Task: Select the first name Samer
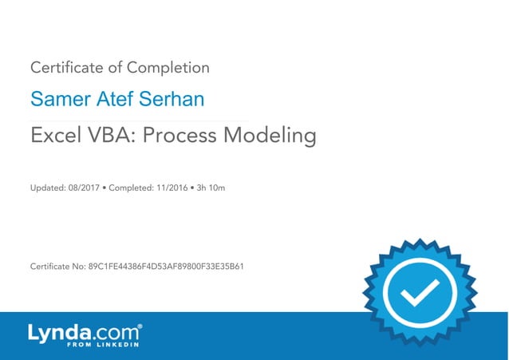click(56, 101)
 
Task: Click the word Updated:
click(46, 188)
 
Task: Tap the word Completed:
click(130, 188)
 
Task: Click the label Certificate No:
click(56, 266)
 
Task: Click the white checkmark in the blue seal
click(418, 296)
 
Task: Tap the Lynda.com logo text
click(85, 332)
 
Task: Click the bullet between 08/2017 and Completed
click(104, 188)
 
